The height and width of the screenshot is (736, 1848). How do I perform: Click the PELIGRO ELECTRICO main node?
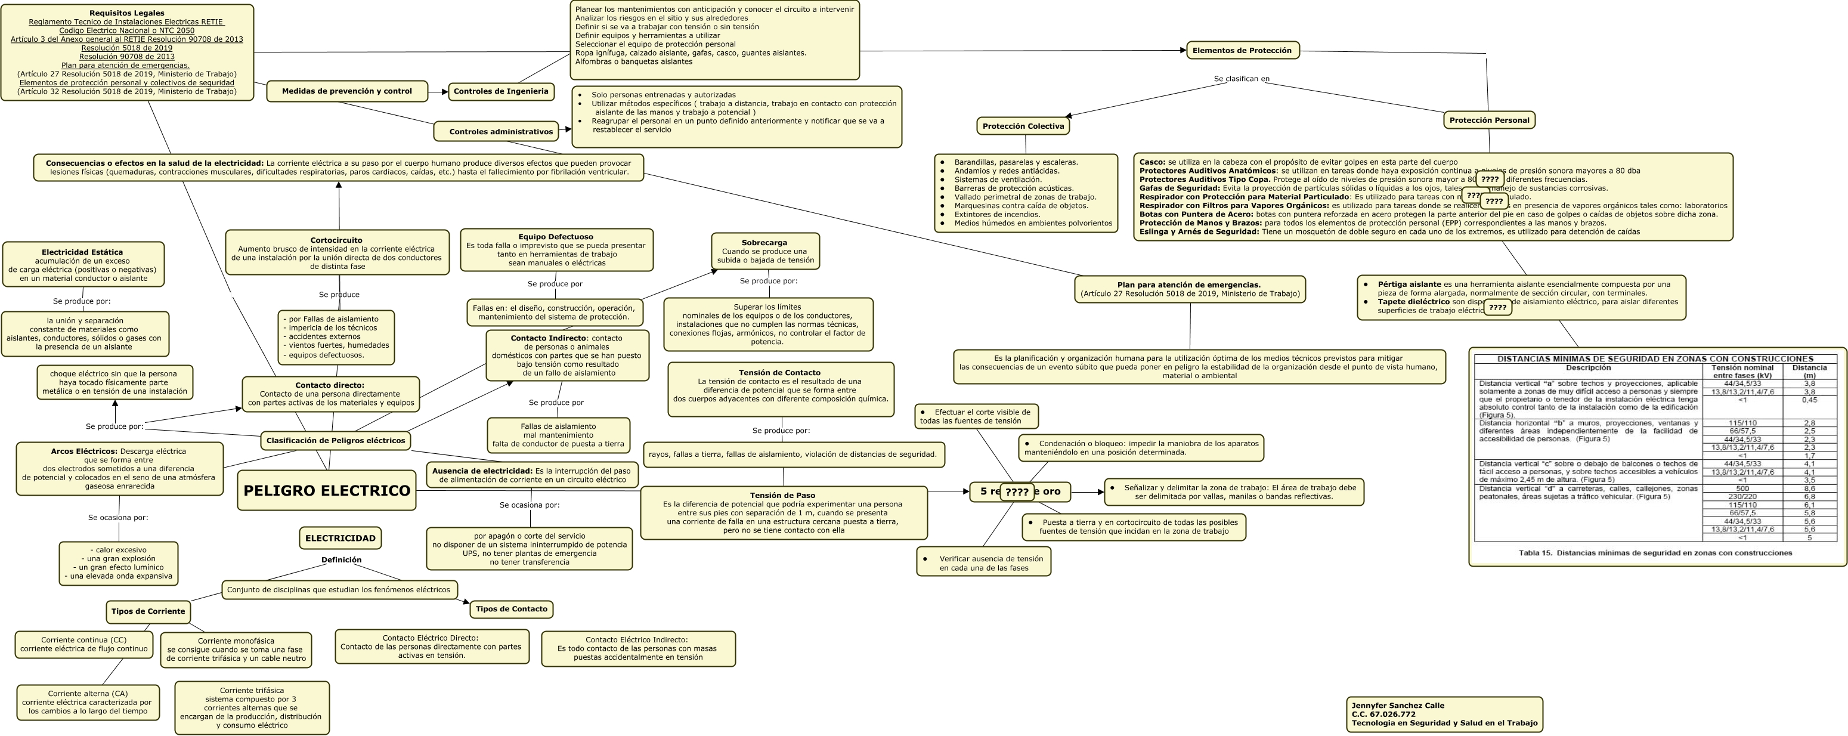pos(326,491)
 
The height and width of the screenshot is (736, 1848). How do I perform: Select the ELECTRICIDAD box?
pos(340,538)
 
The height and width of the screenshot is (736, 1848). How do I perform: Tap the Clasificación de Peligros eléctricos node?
pos(336,440)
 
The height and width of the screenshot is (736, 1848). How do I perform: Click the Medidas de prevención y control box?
pos(346,91)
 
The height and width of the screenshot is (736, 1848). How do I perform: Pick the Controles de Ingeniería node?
pos(501,91)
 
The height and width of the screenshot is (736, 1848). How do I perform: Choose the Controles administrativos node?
pos(501,131)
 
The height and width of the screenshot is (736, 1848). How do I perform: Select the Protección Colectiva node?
pos(1023,126)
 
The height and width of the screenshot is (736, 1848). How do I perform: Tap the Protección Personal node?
pos(1488,120)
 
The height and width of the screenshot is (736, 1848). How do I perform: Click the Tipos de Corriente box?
pos(148,611)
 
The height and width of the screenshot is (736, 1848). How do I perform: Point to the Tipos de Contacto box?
pos(511,609)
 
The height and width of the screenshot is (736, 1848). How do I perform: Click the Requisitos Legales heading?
pos(127,13)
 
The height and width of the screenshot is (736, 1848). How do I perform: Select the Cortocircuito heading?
pos(336,240)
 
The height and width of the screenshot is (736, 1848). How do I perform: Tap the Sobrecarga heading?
pos(764,243)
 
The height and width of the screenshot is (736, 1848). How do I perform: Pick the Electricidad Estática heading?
pos(82,252)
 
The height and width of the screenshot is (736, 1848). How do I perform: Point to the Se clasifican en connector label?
pos(1241,79)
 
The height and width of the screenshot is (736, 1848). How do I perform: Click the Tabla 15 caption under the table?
pos(1655,553)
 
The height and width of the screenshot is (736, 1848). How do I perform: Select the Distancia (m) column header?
pos(1809,371)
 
